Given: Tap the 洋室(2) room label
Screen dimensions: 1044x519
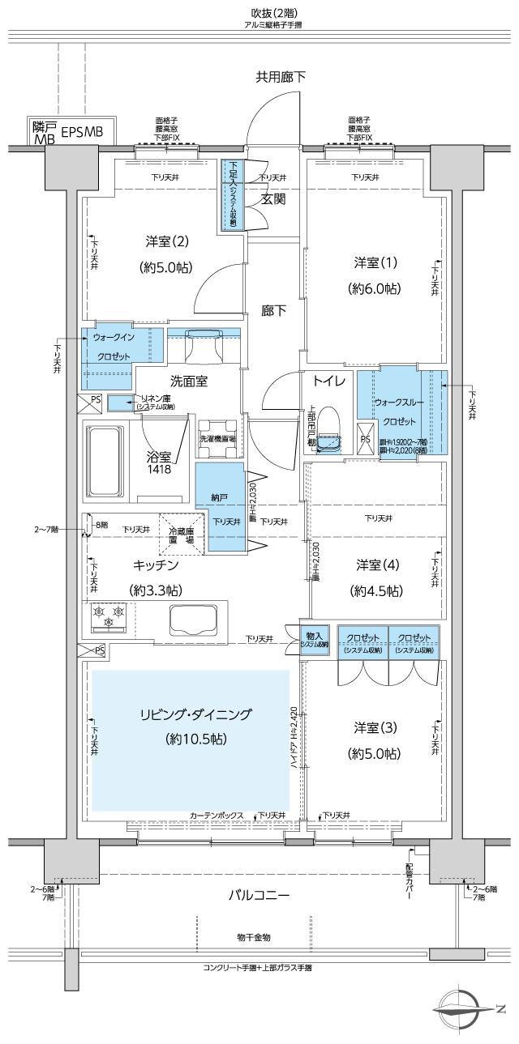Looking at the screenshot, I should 167,241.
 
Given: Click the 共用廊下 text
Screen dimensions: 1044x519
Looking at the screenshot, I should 281,77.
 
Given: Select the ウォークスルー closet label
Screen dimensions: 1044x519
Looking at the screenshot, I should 394,402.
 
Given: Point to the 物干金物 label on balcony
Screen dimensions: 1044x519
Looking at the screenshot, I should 253,936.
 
